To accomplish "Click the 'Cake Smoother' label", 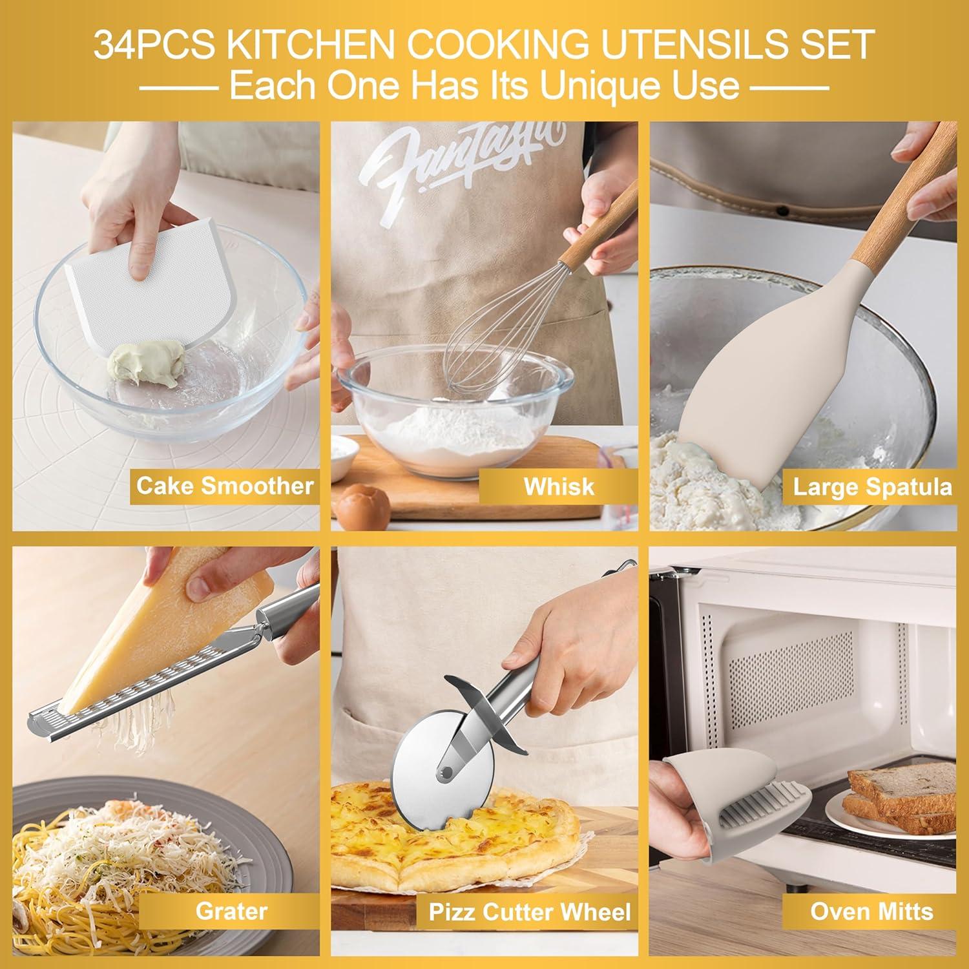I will pos(224,486).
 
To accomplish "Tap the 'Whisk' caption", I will pos(558,486).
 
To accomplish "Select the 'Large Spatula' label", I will pos(872,486).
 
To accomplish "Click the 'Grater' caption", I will pos(231,911).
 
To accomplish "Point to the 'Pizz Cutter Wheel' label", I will pos(530,912).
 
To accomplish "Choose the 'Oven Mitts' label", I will pos(871,911).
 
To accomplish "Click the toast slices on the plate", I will pos(904,795).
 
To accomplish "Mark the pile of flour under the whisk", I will pos(452,433).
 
